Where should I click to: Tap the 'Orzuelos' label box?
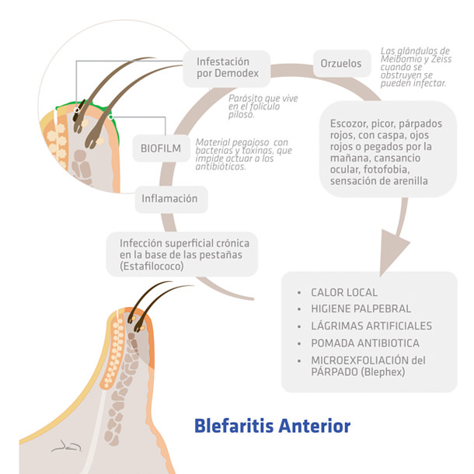341,64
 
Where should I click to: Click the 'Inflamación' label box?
169,198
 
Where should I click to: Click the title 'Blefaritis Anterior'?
272,426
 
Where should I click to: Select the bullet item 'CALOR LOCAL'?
344,293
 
